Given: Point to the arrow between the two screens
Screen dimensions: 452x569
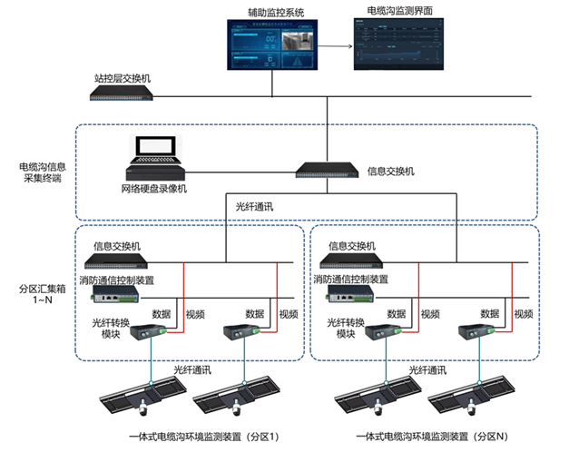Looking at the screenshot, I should (x=337, y=46).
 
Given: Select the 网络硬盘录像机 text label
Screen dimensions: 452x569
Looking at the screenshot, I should (x=153, y=189).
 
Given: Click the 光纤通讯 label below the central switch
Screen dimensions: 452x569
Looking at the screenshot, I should (x=255, y=208).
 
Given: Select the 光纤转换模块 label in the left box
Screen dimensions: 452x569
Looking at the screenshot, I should (x=109, y=328).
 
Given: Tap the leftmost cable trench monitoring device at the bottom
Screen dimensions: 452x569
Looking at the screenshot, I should (x=142, y=396).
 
